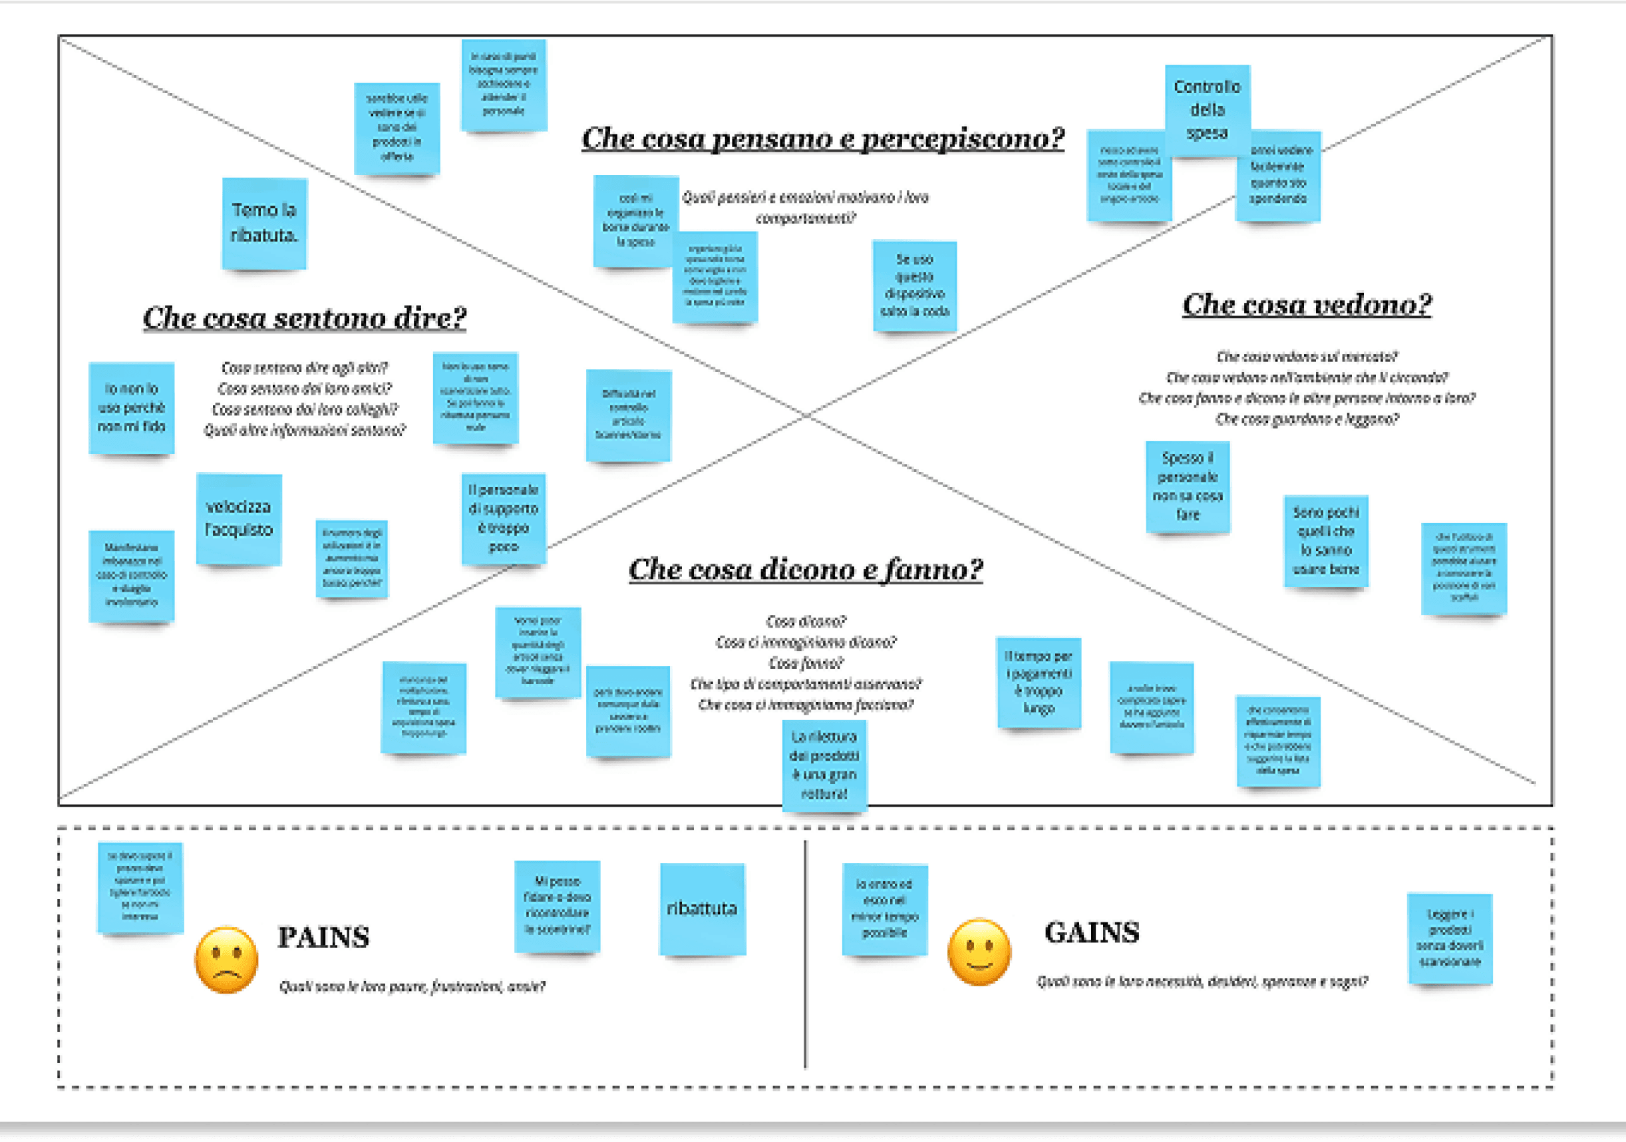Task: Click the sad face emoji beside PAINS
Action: pyautogui.click(x=226, y=960)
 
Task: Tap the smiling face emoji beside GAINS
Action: pyautogui.click(x=979, y=952)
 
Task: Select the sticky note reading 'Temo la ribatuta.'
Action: pyautogui.click(x=264, y=223)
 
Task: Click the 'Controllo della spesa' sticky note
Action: pyautogui.click(x=1207, y=110)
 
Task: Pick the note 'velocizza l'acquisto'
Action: pyautogui.click(x=239, y=518)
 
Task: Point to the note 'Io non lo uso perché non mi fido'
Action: pyautogui.click(x=132, y=408)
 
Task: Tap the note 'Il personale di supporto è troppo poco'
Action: pyautogui.click(x=504, y=518)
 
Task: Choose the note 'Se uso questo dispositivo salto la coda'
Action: pyautogui.click(x=914, y=285)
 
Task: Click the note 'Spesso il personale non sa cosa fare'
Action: pyautogui.click(x=1188, y=486)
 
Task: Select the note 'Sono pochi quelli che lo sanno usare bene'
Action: pyautogui.click(x=1326, y=541)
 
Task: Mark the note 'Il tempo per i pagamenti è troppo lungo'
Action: pyautogui.click(x=1039, y=683)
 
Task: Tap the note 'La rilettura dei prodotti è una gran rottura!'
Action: pyautogui.click(x=824, y=765)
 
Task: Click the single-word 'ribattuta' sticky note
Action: pyautogui.click(x=702, y=909)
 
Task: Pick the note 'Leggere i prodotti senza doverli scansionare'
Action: pyautogui.click(x=1450, y=938)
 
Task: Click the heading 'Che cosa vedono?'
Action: pyautogui.click(x=1307, y=305)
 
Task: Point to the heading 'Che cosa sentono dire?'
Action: pyautogui.click(x=305, y=318)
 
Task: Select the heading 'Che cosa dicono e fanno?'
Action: pyautogui.click(x=806, y=570)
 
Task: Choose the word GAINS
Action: pyautogui.click(x=1092, y=933)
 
